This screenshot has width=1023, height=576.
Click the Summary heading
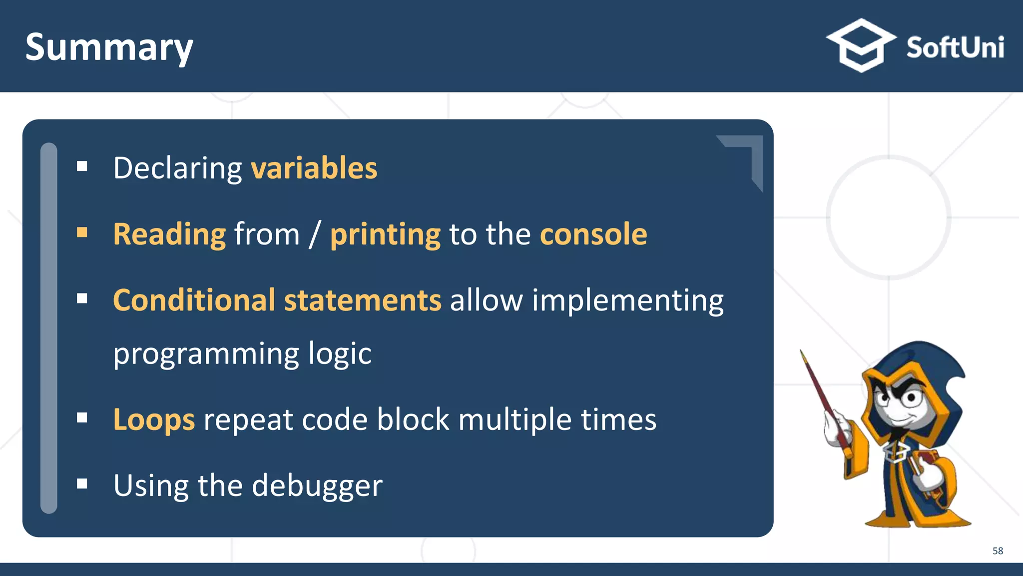[109, 47]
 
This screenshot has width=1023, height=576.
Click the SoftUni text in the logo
[955, 48]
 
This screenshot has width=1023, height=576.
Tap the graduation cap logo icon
[861, 45]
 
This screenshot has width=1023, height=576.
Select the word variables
[314, 168]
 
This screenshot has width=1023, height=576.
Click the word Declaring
[177, 169]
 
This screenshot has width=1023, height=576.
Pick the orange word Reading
[169, 234]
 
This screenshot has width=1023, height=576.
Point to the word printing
[385, 235]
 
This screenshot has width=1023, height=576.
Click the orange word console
[593, 234]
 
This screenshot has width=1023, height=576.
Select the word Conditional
[194, 300]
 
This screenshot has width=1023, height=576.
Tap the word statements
[363, 300]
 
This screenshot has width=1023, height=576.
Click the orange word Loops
[154, 419]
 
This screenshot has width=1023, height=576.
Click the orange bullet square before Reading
[82, 232]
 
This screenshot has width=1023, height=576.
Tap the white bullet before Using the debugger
[82, 483]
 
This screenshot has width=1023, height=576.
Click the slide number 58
[997, 551]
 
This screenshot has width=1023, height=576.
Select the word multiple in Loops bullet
[514, 419]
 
